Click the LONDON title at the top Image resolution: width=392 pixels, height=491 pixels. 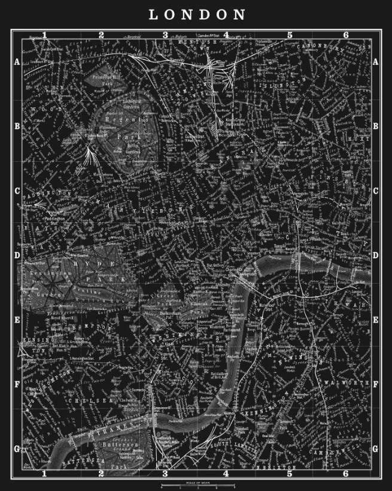click(196, 14)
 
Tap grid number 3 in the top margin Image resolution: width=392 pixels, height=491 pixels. click(165, 35)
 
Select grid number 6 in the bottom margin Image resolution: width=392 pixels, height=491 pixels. click(345, 474)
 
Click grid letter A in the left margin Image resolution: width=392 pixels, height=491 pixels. click(17, 62)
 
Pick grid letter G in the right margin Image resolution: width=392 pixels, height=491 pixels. click(375, 448)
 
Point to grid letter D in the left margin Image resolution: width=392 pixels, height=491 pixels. click(17, 255)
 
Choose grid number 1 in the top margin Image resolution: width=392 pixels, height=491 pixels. click(44, 35)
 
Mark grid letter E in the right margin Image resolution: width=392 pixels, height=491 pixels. click(375, 320)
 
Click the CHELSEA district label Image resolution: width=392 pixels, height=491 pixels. click(90, 400)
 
